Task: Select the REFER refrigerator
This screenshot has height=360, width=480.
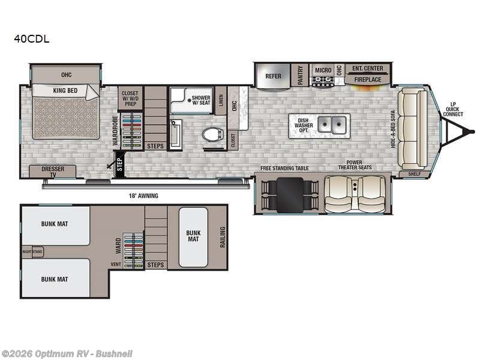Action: pyautogui.click(x=273, y=77)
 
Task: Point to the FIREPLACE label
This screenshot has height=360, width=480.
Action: pyautogui.click(x=367, y=79)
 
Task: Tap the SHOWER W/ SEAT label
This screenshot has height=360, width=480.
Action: pyautogui.click(x=200, y=100)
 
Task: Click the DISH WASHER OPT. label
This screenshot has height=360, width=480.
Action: pyautogui.click(x=303, y=125)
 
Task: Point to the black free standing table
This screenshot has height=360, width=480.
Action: pyautogui.click(x=289, y=193)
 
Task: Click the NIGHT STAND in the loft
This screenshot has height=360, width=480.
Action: pyautogui.click(x=32, y=252)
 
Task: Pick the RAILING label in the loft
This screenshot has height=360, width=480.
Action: pyautogui.click(x=222, y=236)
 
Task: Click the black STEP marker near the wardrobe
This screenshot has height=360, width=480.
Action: pyautogui.click(x=119, y=164)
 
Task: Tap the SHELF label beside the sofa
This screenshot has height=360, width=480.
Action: pyautogui.click(x=414, y=174)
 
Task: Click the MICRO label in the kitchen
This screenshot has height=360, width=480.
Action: pyautogui.click(x=323, y=70)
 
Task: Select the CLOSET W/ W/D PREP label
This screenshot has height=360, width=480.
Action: pyautogui.click(x=130, y=98)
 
